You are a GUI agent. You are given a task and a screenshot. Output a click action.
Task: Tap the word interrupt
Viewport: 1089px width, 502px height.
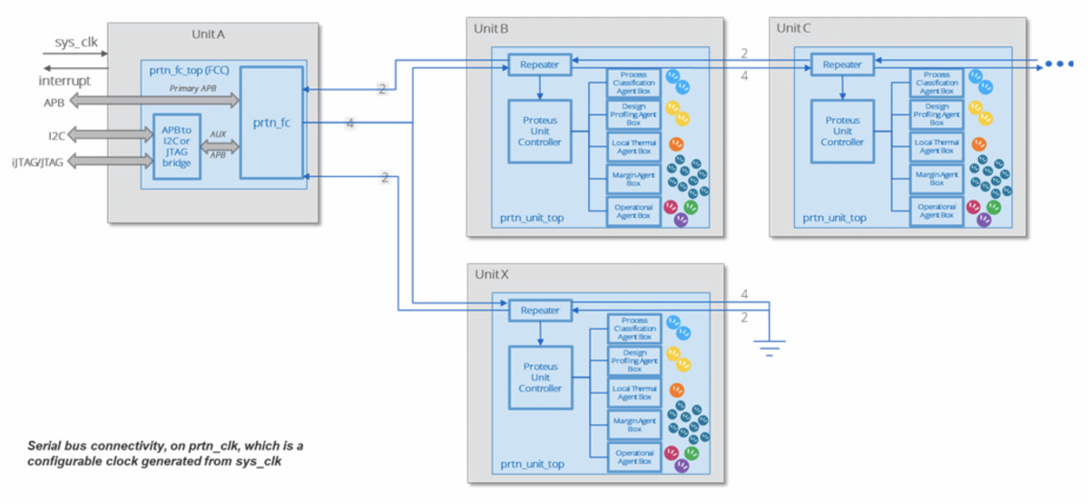tap(65, 81)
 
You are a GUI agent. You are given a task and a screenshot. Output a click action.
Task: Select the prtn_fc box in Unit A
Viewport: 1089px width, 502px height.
tap(271, 123)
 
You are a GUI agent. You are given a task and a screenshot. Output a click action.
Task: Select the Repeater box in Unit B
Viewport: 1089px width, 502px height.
tap(540, 64)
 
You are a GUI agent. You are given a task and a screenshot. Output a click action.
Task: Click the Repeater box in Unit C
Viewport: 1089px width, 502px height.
tap(842, 64)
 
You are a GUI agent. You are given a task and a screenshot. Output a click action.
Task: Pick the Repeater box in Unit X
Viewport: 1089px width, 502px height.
tap(540, 310)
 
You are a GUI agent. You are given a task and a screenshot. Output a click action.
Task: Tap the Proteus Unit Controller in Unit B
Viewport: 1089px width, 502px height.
tap(539, 131)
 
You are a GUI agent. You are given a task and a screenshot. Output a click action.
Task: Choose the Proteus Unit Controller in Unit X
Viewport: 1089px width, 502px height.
tap(540, 377)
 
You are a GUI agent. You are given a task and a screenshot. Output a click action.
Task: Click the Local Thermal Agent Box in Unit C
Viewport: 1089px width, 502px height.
tap(937, 146)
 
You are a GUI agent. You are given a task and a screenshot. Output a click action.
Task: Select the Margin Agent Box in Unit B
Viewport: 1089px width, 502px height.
tap(634, 179)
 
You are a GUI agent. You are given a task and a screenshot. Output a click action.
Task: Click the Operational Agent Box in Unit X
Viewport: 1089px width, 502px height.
tap(634, 458)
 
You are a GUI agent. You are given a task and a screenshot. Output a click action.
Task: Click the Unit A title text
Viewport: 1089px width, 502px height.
tap(208, 34)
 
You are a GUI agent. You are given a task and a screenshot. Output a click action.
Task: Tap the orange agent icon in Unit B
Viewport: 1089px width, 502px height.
tap(676, 144)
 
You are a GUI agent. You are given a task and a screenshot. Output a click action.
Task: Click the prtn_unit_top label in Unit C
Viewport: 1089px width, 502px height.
tap(834, 218)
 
